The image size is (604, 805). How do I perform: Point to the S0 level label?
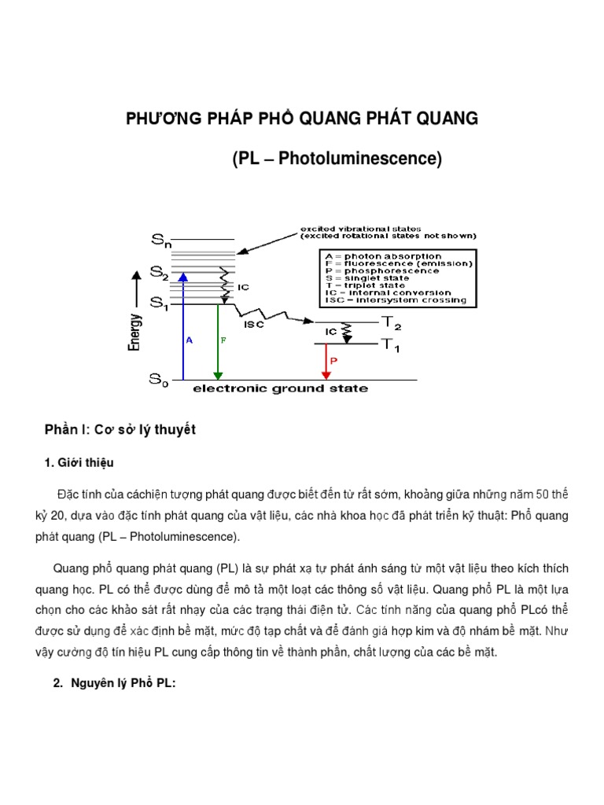coord(159,380)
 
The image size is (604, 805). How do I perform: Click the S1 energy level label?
coord(159,304)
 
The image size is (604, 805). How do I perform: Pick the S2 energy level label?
coord(159,273)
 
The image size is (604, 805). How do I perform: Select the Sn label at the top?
coord(160,239)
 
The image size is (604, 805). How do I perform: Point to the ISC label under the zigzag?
coord(254,324)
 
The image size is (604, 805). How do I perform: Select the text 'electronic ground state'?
coord(280,388)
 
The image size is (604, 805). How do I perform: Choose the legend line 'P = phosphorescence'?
coord(382,271)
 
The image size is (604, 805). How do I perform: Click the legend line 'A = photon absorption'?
coord(383,256)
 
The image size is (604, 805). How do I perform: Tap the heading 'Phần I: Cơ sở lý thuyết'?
coord(120,430)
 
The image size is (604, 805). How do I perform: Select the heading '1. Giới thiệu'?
coord(85,462)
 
